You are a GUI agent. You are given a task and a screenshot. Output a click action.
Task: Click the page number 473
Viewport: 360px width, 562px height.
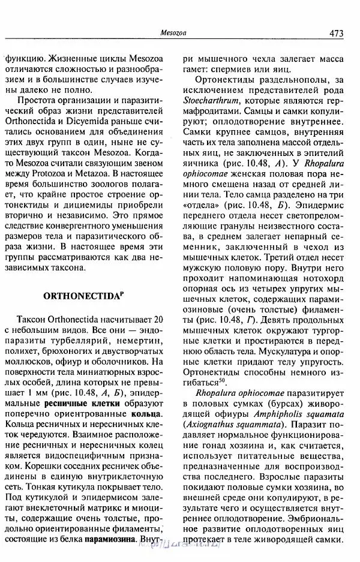point(336,34)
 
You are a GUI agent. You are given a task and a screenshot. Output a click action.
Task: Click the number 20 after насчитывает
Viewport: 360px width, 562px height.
point(154,317)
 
